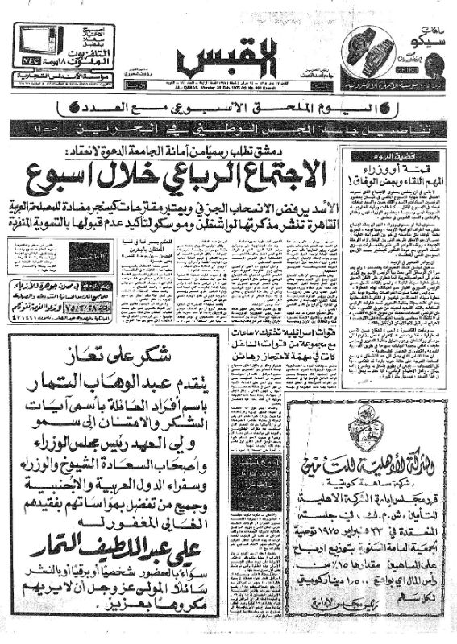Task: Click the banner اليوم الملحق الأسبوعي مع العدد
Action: click(228, 107)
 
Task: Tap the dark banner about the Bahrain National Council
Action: click(228, 128)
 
